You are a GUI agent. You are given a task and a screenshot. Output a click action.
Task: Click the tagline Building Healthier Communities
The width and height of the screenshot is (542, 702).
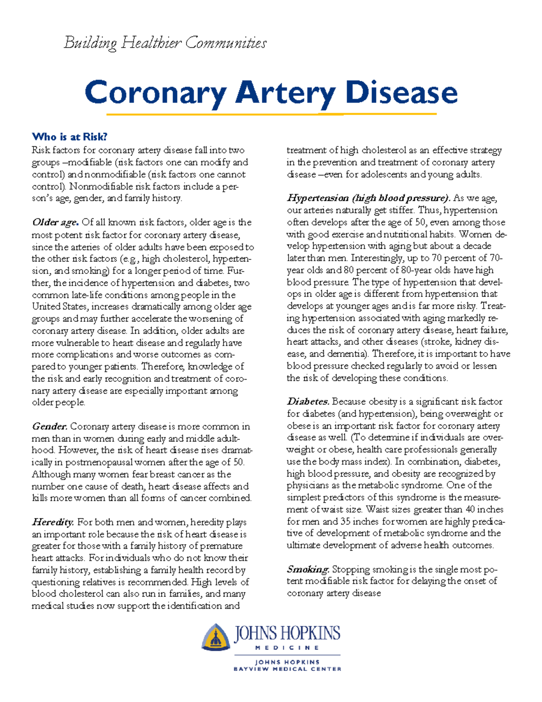coord(165,43)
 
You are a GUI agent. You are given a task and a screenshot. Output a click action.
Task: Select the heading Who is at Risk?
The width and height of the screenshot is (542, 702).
coord(70,137)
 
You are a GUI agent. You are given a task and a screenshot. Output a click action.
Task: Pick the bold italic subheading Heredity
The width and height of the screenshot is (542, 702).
coord(52,523)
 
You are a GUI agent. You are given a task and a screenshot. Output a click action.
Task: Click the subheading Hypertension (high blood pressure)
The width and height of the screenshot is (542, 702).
coord(369,198)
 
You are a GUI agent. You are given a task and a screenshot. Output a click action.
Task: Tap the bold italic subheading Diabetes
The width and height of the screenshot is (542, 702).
coord(308,402)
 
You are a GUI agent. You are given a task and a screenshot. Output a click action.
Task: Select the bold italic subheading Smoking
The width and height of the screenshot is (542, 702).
coord(308,570)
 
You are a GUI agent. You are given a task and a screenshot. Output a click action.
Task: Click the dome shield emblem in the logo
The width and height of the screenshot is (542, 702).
coord(216,637)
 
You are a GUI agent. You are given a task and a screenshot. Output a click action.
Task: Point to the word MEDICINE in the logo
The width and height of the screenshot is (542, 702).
coord(287,648)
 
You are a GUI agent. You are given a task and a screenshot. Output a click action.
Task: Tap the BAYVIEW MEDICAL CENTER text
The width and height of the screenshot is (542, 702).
coord(287,669)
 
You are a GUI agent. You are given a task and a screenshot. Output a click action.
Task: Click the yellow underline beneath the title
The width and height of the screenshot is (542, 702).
coord(271,114)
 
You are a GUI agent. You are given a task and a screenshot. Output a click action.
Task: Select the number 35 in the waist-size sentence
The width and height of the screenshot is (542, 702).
coord(346,522)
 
